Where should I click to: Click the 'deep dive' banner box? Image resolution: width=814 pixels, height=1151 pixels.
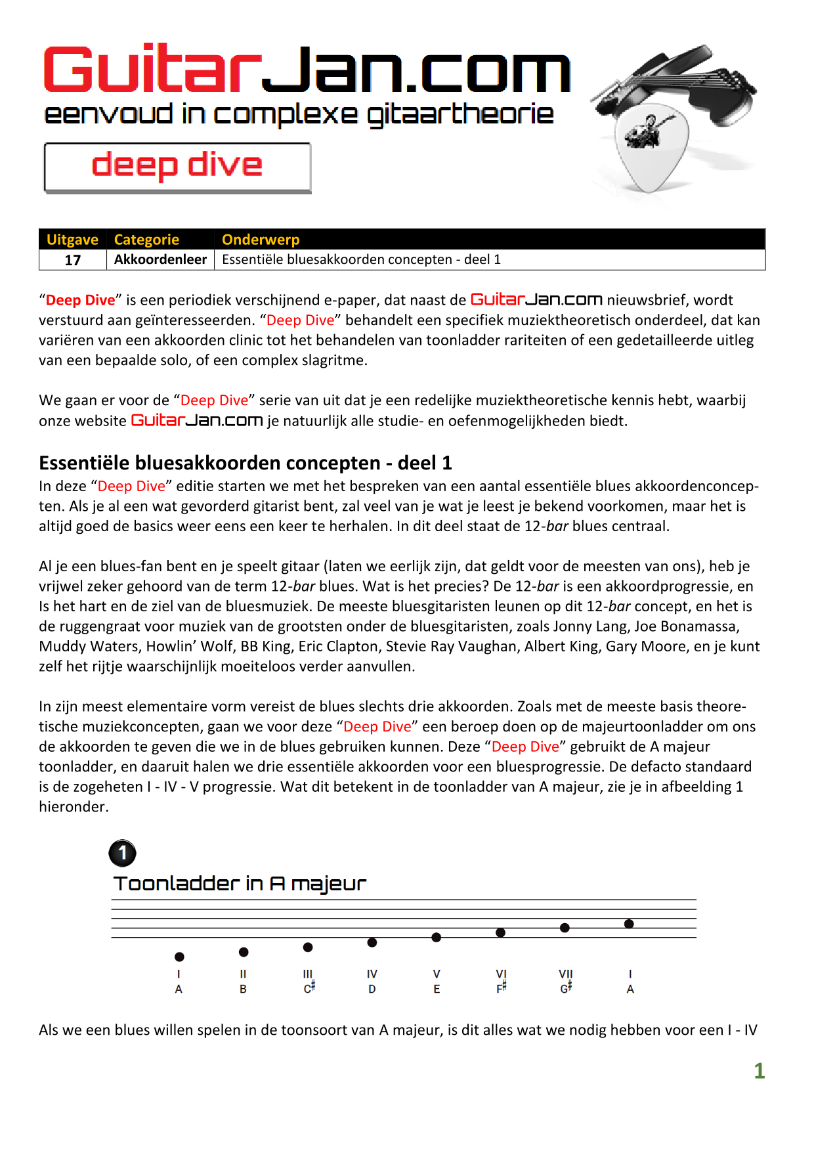click(x=177, y=167)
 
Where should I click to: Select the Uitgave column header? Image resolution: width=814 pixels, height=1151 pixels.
click(x=72, y=240)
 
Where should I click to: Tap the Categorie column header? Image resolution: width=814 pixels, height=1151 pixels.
click(x=146, y=240)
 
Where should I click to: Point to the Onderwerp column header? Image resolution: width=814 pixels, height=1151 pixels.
click(x=261, y=240)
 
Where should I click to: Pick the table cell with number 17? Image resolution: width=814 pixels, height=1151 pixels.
click(x=73, y=260)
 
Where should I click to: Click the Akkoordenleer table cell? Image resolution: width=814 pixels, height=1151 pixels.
click(x=160, y=259)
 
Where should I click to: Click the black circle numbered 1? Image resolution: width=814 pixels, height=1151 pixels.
click(x=122, y=854)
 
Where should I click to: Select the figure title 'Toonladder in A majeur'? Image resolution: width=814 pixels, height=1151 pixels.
click(x=240, y=884)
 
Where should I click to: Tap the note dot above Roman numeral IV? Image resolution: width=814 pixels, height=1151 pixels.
click(x=372, y=942)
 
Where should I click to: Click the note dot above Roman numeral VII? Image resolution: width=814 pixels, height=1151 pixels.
click(x=565, y=928)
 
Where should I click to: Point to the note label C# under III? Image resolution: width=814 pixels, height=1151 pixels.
click(x=309, y=988)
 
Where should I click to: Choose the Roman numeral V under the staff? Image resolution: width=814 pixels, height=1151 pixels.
click(x=437, y=974)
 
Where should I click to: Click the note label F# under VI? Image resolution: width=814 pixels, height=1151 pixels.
click(x=501, y=988)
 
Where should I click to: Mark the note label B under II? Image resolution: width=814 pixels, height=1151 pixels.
click(x=243, y=989)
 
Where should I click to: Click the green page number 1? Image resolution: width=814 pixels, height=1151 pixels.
click(x=760, y=1071)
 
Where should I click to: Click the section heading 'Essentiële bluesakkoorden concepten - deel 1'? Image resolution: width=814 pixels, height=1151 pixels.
click(x=246, y=463)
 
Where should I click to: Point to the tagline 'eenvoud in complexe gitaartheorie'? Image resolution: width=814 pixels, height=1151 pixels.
click(x=299, y=114)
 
